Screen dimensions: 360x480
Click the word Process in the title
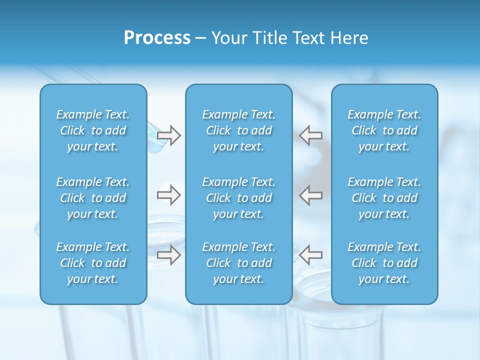click(157, 38)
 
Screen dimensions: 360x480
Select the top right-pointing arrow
click(169, 135)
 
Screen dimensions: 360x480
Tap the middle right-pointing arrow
click(169, 195)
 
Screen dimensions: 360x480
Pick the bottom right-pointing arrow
click(169, 255)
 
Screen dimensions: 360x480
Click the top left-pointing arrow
click(310, 135)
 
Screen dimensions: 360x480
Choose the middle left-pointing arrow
click(310, 195)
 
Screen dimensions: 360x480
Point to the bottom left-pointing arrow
click(310, 255)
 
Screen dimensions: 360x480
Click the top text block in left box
click(93, 130)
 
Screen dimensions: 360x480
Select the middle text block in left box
click(93, 198)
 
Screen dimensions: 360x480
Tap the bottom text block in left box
click(93, 263)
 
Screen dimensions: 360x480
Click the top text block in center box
click(238, 130)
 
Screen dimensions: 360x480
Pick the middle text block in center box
click(238, 198)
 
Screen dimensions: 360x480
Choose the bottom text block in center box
click(238, 263)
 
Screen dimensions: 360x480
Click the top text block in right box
click(384, 130)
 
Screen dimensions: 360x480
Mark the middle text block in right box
click(384, 198)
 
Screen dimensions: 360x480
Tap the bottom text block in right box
click(384, 263)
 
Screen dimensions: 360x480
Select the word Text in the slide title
click(308, 38)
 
